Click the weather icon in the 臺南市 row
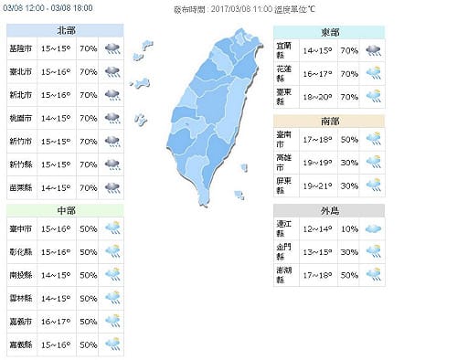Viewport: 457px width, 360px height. tap(375, 139)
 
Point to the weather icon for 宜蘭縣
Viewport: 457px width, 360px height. tap(375, 49)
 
